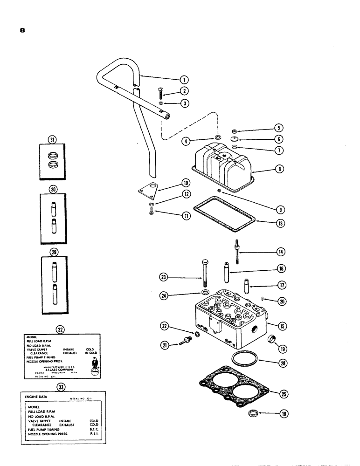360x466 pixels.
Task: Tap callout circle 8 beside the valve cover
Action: point(279,170)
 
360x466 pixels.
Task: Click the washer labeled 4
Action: point(218,138)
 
